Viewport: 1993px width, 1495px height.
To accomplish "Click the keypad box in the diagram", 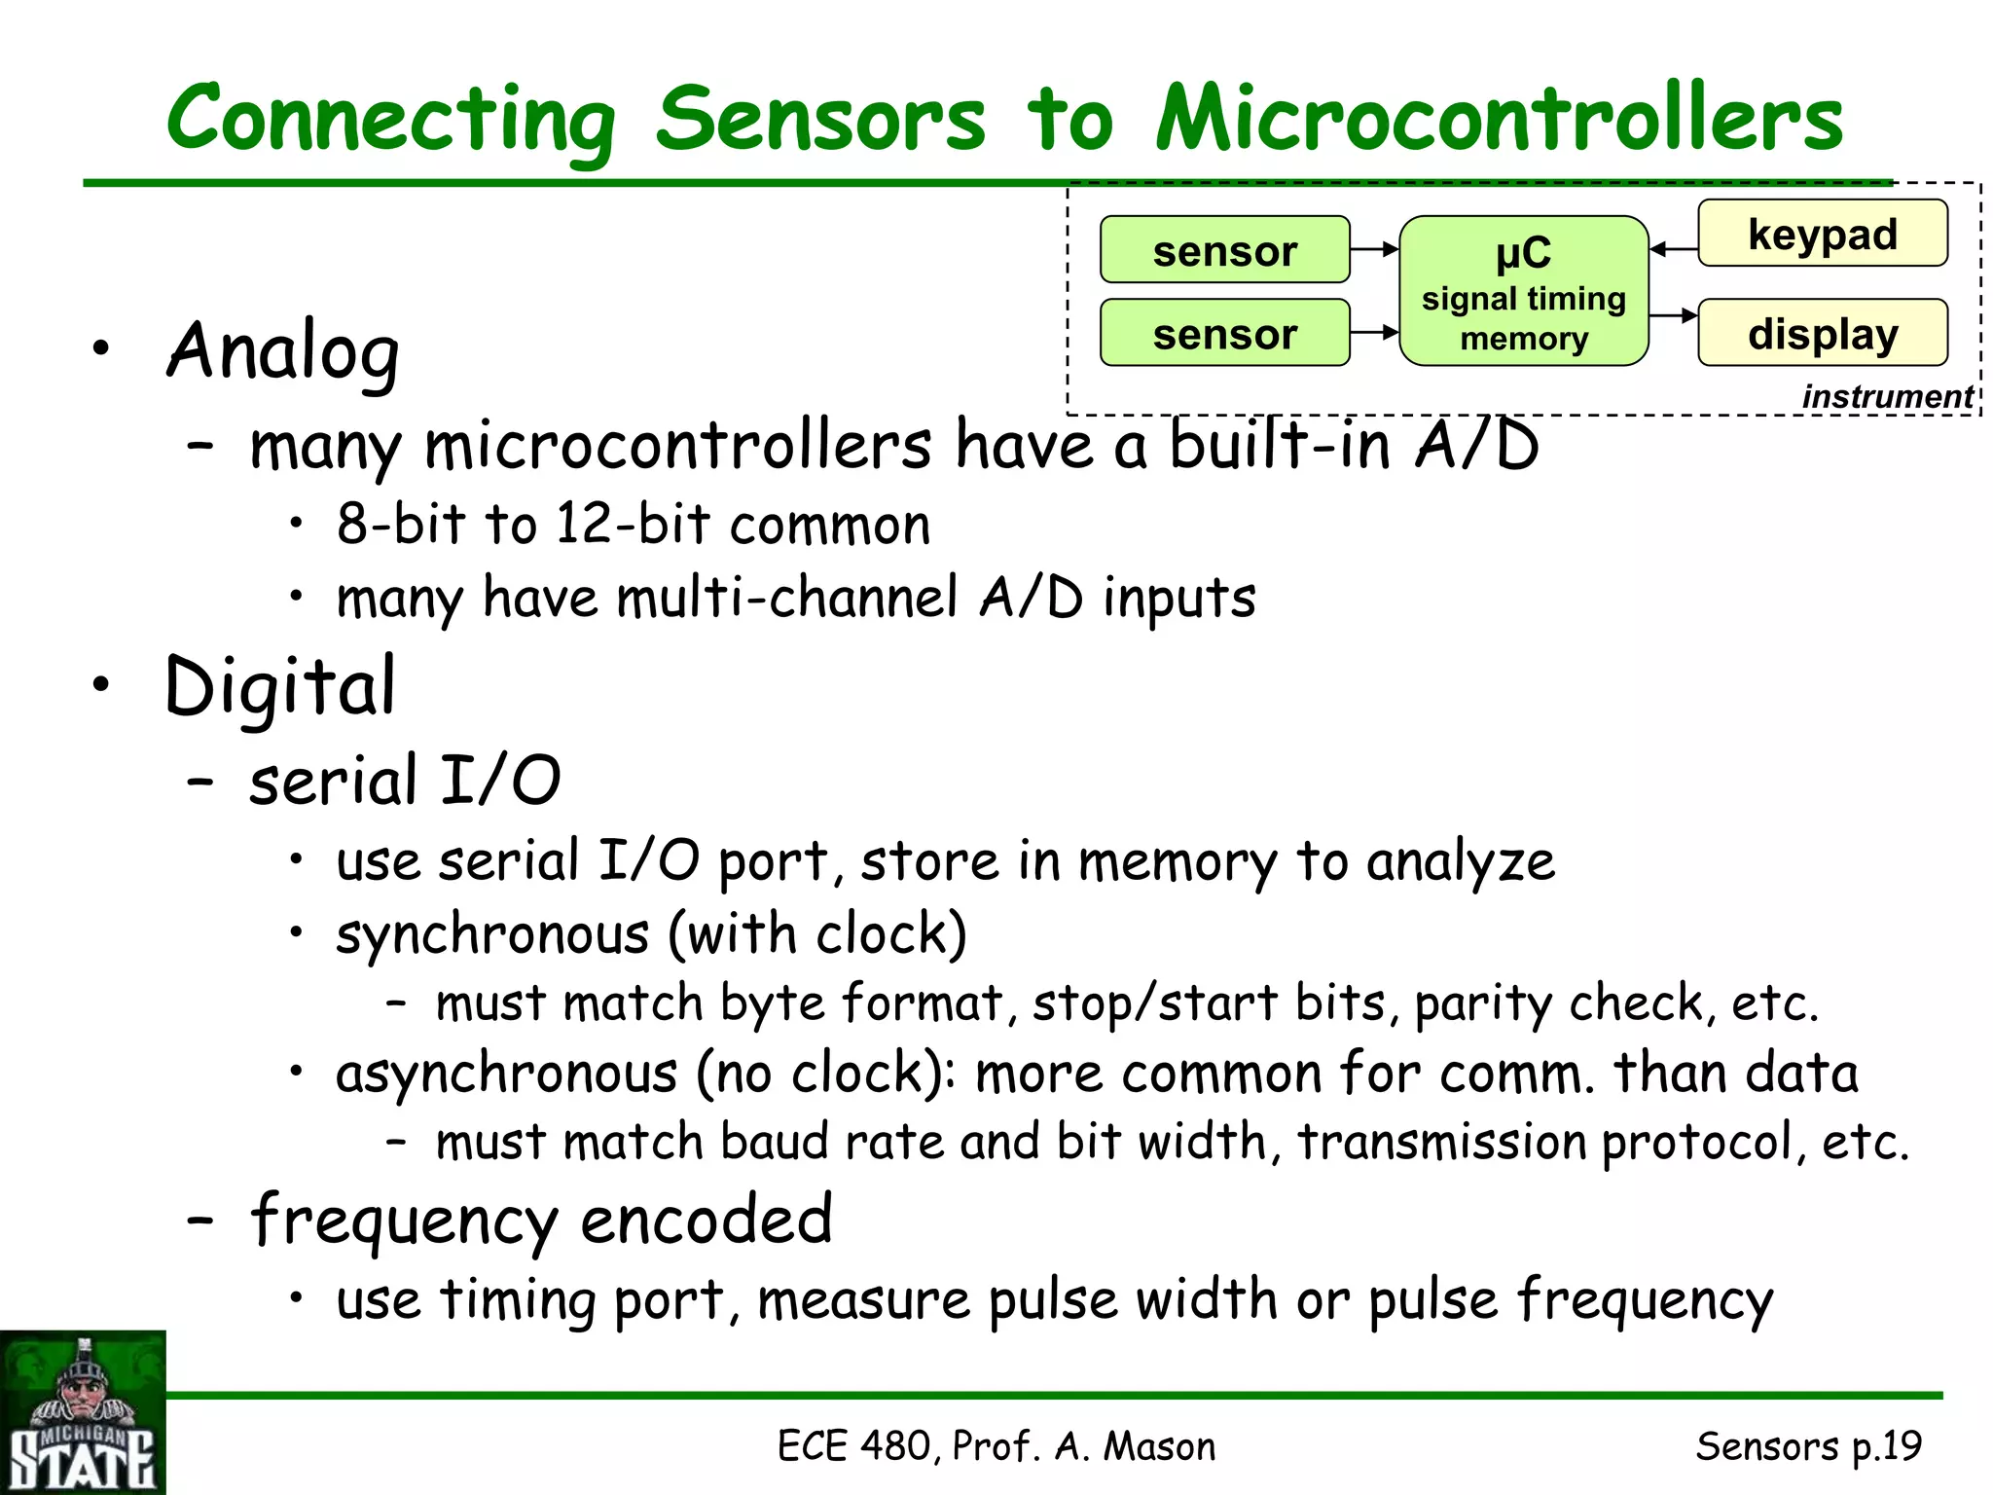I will click(x=1823, y=234).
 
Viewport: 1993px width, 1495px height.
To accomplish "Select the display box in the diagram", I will click(x=1823, y=333).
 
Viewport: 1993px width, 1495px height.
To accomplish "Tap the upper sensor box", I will click(x=1224, y=250).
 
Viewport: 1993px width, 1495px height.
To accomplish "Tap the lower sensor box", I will click(x=1224, y=333).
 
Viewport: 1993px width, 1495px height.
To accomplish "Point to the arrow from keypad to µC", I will click(x=1674, y=250).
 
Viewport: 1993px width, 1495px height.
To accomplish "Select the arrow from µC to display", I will click(x=1674, y=315).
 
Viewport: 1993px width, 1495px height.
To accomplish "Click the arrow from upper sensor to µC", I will click(x=1374, y=250).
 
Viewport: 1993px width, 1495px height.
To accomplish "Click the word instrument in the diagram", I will click(x=1887, y=397).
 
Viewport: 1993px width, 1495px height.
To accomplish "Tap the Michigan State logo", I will click(x=83, y=1412).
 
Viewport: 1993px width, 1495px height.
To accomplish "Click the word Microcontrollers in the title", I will click(x=1499, y=119).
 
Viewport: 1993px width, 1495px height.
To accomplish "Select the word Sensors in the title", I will click(x=820, y=119).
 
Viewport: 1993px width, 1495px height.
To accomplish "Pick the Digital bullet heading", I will click(x=280, y=687).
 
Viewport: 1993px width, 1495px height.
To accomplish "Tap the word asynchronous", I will click(x=506, y=1075).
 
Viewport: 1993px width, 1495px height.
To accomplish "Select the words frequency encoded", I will click(x=541, y=1221).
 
